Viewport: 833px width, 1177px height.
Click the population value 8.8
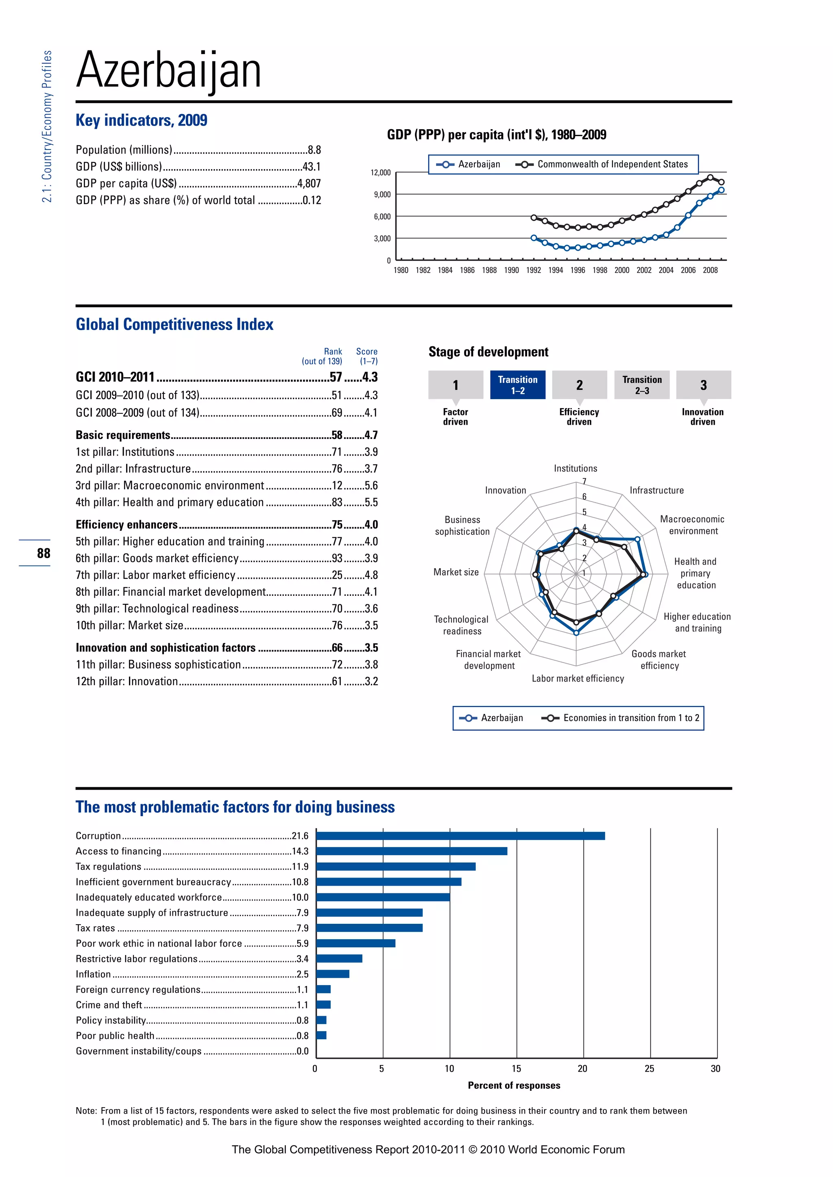pyautogui.click(x=314, y=150)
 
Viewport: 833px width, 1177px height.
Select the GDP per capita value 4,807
pyautogui.click(x=309, y=184)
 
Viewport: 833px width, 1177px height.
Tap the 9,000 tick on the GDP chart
pyautogui.click(x=382, y=195)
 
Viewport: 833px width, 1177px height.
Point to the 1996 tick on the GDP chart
pyautogui.click(x=578, y=270)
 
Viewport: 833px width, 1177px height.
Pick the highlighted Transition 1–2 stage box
pyautogui.click(x=517, y=385)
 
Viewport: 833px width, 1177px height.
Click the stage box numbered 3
pyautogui.click(x=703, y=385)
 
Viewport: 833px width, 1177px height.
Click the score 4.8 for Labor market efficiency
pyautogui.click(x=371, y=575)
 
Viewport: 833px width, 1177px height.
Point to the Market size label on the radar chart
pyautogui.click(x=456, y=572)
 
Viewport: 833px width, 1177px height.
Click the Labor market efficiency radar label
pyautogui.click(x=578, y=679)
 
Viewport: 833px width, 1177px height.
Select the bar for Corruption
pyautogui.click(x=460, y=836)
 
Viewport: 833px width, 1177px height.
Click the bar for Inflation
pyautogui.click(x=332, y=974)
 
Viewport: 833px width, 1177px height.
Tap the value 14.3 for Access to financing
pyautogui.click(x=300, y=851)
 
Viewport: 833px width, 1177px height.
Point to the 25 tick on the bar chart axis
pyautogui.click(x=650, y=1069)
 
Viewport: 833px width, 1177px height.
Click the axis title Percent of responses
pyautogui.click(x=514, y=1085)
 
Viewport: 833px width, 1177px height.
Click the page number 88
pyautogui.click(x=44, y=553)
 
